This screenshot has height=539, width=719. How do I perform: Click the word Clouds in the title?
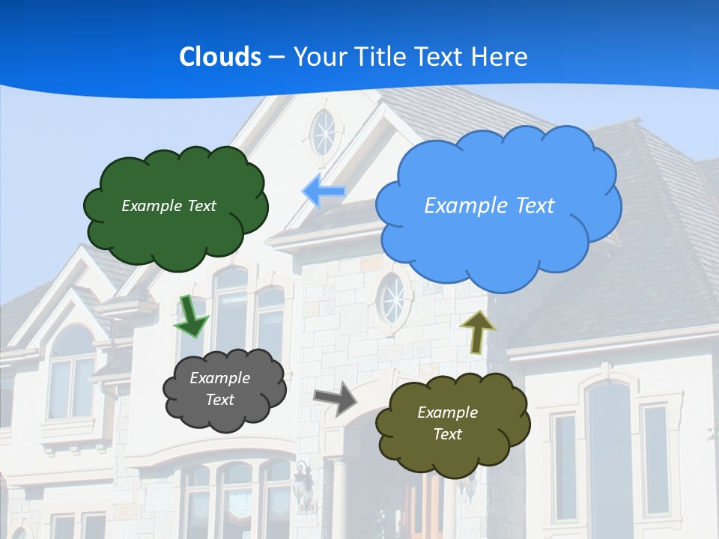click(x=220, y=57)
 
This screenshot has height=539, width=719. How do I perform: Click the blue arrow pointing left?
click(x=324, y=192)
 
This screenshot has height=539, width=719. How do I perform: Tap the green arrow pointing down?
click(x=191, y=317)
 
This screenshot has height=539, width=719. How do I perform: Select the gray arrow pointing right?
click(x=335, y=398)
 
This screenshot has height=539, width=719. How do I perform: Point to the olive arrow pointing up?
click(x=477, y=332)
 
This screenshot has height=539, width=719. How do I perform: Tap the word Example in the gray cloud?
click(x=219, y=378)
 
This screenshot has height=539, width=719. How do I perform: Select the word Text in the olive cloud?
click(x=447, y=434)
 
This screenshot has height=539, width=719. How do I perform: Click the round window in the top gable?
click(x=324, y=133)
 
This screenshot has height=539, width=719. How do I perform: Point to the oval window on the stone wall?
click(x=392, y=298)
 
